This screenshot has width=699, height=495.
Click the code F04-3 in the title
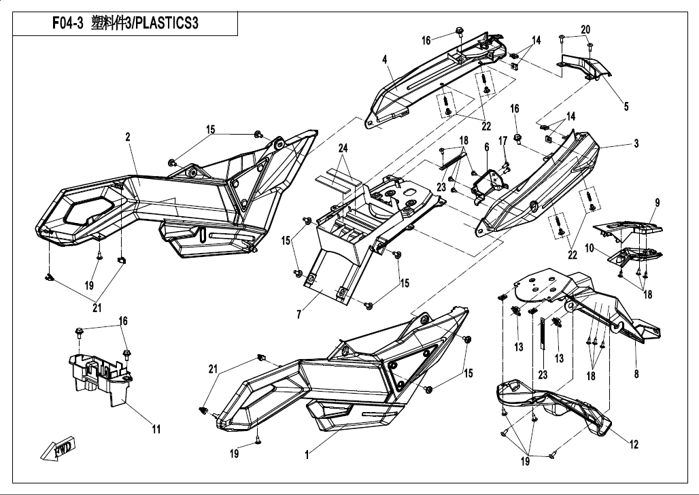(x=68, y=24)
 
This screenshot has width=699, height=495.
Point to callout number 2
(x=127, y=137)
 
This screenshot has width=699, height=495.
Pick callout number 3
(x=636, y=143)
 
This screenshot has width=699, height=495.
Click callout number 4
(x=384, y=60)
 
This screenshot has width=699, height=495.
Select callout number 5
(x=626, y=106)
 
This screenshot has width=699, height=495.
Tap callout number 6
(x=487, y=146)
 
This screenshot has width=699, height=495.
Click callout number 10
(x=591, y=250)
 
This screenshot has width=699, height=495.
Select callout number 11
(x=156, y=429)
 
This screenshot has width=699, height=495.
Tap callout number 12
(x=634, y=445)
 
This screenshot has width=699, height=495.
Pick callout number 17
(x=503, y=141)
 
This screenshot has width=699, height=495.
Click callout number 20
(x=585, y=29)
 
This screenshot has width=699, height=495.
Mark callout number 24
(x=343, y=148)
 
